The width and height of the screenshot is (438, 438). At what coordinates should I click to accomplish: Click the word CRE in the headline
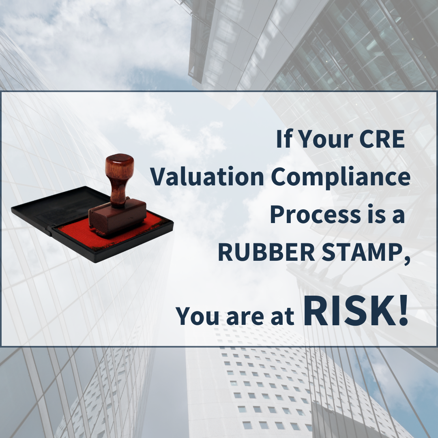click(382, 139)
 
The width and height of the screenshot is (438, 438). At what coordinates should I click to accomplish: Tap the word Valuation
click(207, 176)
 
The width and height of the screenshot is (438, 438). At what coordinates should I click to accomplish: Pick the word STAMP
click(362, 252)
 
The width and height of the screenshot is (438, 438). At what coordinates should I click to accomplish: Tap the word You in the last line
click(197, 316)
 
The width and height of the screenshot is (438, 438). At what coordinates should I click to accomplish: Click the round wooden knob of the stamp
click(120, 165)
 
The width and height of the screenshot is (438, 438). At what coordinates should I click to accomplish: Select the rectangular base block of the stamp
click(118, 217)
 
